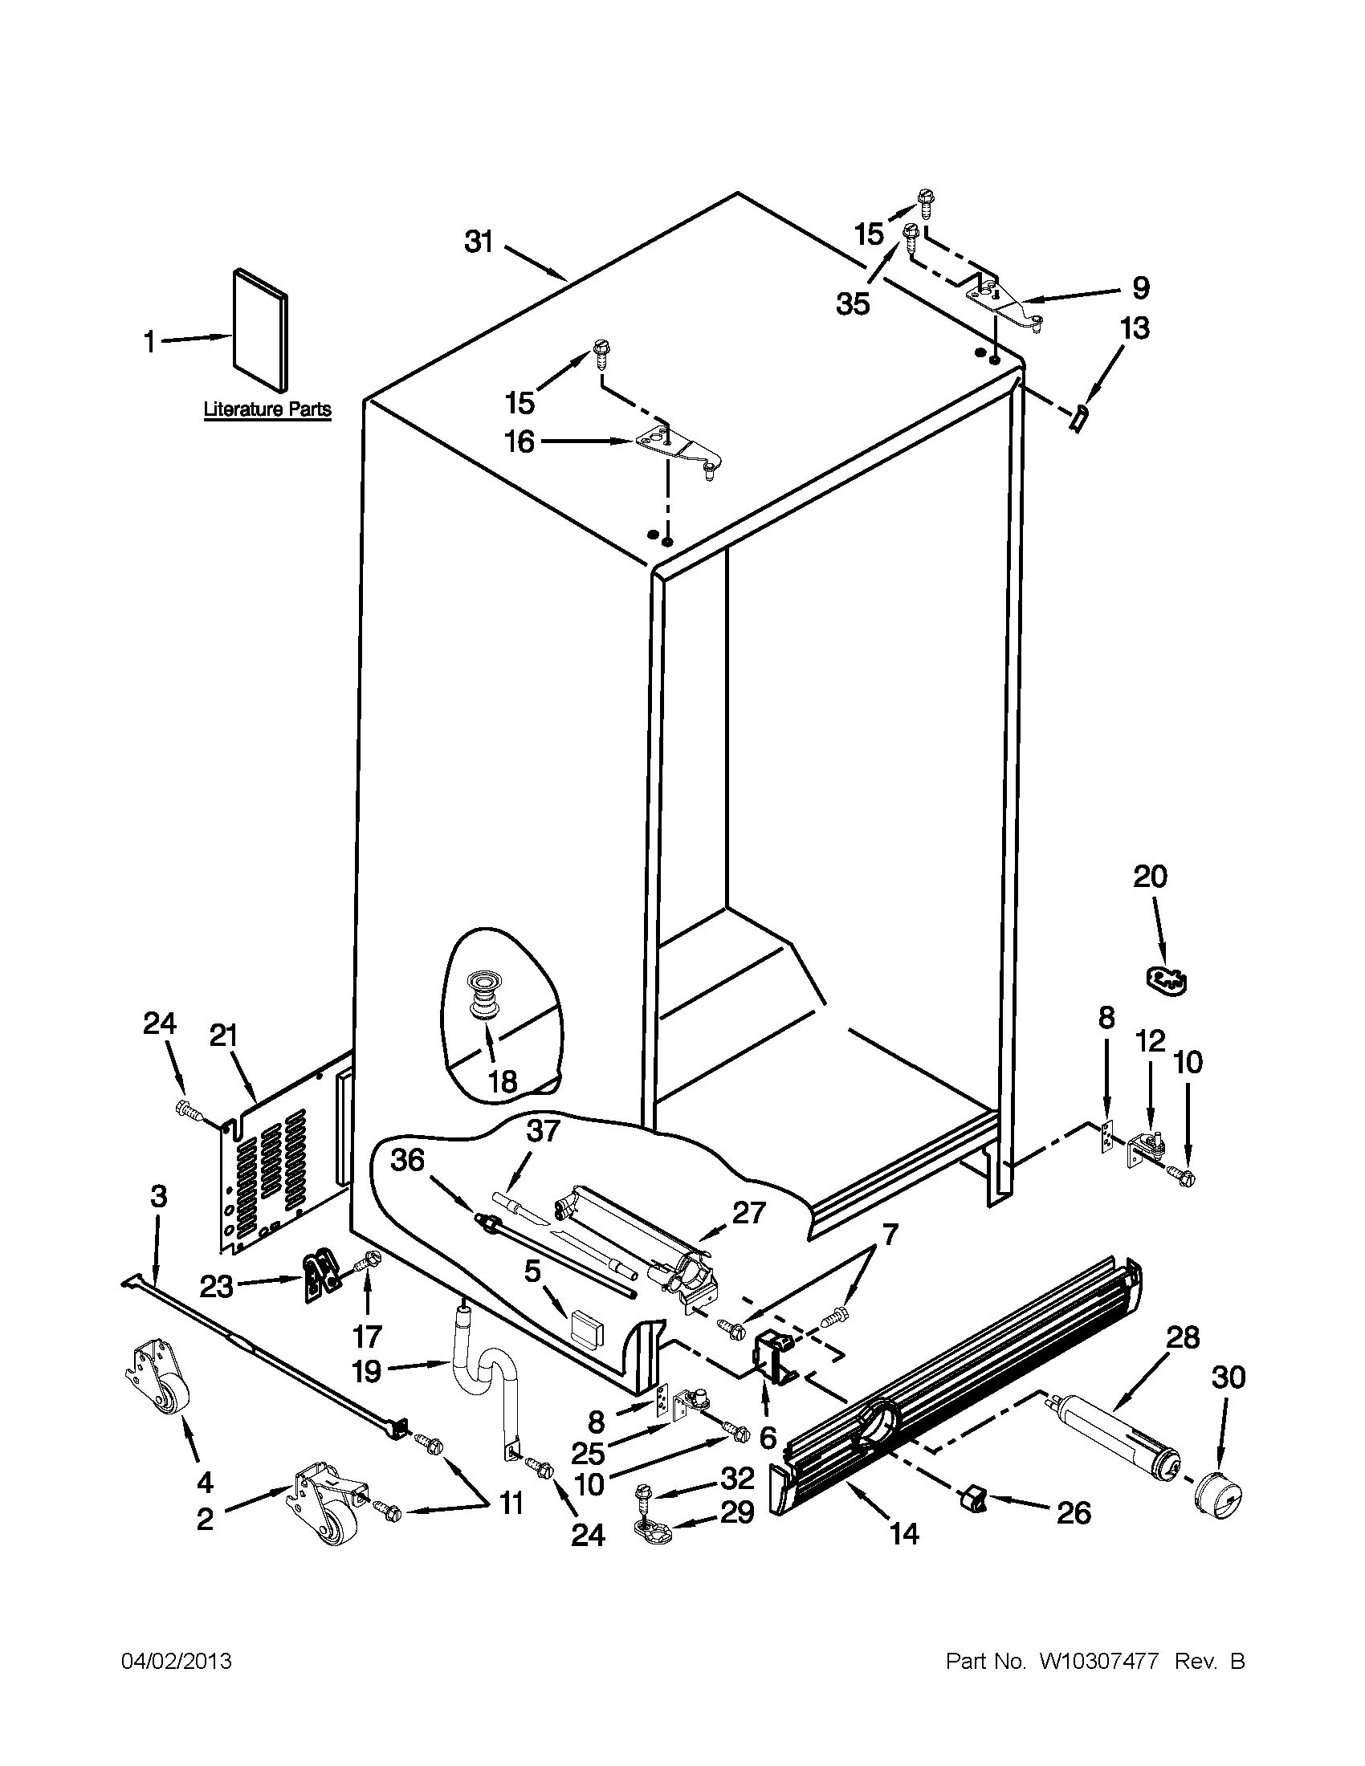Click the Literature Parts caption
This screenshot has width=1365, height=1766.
click(267, 409)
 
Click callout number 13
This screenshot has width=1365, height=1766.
click(1135, 329)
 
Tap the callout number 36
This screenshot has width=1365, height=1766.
click(408, 1161)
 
